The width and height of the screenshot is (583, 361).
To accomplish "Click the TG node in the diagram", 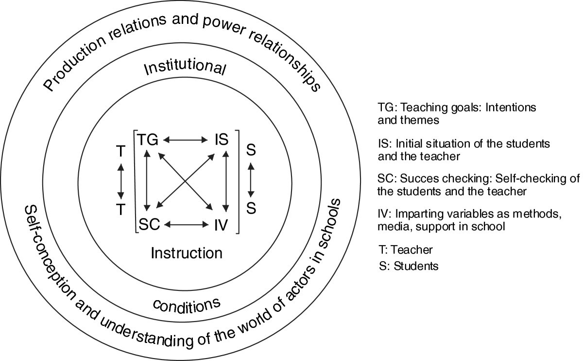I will [148, 141].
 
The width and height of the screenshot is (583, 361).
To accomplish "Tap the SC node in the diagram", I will [150, 225].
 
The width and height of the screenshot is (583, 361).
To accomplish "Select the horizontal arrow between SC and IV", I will [185, 225].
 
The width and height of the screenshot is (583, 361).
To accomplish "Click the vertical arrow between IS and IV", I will [225, 183].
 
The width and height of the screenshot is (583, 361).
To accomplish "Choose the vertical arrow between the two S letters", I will [251, 180].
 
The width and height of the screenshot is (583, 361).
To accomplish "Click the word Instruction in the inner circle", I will [187, 253].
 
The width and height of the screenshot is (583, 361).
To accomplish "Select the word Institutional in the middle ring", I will [186, 70].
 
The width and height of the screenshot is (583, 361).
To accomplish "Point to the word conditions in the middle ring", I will [187, 306].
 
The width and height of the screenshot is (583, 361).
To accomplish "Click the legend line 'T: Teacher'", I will [405, 250].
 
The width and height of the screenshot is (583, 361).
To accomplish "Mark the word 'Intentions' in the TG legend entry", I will [515, 107].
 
